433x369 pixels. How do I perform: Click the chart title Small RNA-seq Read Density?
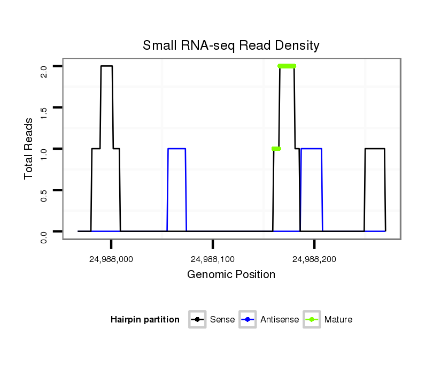tap(231, 46)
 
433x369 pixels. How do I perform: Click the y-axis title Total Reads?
tap(29, 148)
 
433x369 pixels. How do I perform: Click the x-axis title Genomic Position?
tap(231, 275)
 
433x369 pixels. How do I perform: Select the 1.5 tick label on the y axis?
tap(44, 112)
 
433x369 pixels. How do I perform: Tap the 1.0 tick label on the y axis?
tap(44, 153)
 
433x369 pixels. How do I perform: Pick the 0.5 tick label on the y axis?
tap(44, 195)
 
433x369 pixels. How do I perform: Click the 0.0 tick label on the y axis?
tap(44, 236)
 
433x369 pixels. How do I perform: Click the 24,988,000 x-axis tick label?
tap(111, 259)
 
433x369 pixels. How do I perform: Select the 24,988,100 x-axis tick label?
tap(213, 259)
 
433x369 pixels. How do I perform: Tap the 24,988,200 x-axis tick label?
tap(314, 259)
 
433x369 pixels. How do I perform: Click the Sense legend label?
tap(222, 320)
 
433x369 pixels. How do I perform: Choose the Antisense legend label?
tap(280, 320)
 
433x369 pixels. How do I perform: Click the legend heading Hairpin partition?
tap(145, 320)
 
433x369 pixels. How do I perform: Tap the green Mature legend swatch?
tap(312, 320)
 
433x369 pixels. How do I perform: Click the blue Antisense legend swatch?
tap(248, 320)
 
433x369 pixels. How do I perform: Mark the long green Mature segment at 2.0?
tap(287, 66)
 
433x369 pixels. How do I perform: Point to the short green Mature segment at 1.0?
tap(276, 149)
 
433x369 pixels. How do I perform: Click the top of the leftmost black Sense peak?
tap(106, 66)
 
